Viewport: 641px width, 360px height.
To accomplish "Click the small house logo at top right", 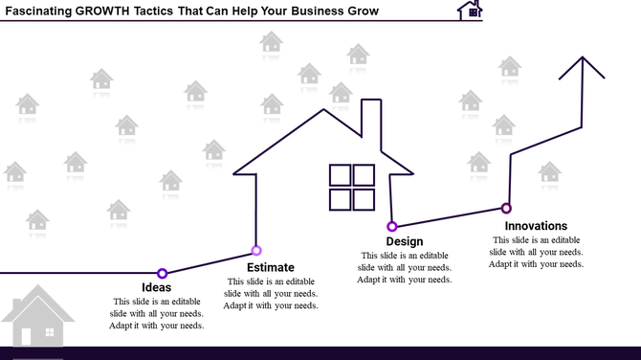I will (x=470, y=11).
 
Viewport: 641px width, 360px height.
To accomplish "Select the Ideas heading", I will (x=157, y=287).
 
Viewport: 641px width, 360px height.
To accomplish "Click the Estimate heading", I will (x=271, y=267).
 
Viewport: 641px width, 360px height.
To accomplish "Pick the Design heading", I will (x=405, y=241).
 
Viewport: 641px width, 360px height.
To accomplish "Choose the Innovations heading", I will (x=536, y=226).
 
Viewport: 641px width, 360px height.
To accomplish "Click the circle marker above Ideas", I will (x=163, y=274).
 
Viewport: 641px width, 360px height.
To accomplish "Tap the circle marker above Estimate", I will (x=256, y=251).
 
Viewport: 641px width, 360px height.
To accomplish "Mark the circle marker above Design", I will (x=392, y=227).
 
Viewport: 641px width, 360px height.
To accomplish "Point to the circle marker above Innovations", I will (x=506, y=208).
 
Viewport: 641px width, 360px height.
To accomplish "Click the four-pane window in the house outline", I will (x=352, y=187).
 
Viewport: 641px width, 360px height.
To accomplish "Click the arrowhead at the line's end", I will (x=583, y=67).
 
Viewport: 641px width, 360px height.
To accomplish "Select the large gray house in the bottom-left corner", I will (x=36, y=316).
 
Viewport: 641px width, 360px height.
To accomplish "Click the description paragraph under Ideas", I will (x=157, y=313).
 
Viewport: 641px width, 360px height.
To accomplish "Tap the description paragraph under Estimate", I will (x=271, y=293).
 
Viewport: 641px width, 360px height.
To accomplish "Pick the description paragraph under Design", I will (x=405, y=267).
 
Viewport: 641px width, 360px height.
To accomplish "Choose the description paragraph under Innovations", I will (x=536, y=252).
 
